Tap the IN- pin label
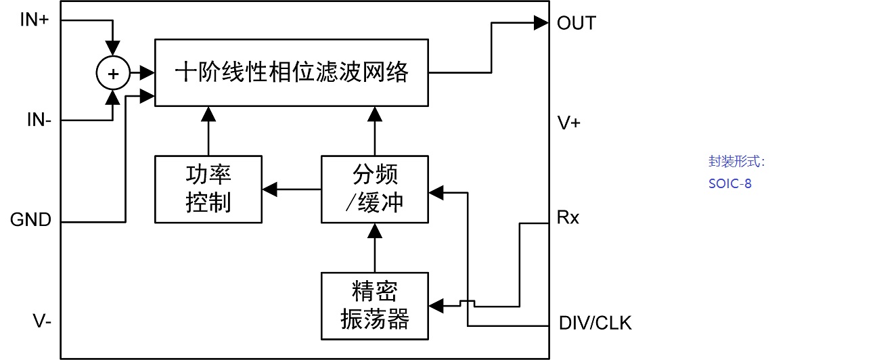38,120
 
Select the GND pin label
30,220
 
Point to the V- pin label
42,321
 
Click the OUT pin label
576,23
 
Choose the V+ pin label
568,123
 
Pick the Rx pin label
568,218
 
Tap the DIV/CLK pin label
595,323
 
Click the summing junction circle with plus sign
114,73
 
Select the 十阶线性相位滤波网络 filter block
292,72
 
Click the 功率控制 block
208,189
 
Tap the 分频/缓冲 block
375,189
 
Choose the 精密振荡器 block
375,306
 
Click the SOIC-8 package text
730,183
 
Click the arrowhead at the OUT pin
541,23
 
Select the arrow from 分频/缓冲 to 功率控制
291,189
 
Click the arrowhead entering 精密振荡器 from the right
437,306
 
